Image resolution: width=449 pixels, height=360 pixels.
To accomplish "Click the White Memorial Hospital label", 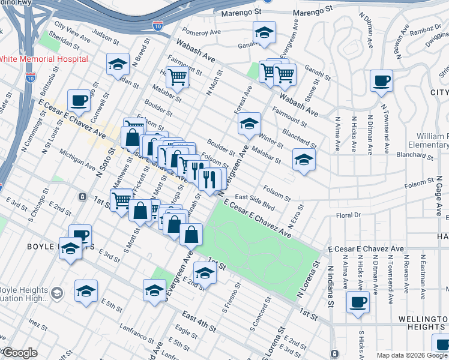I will pyautogui.click(x=43, y=59).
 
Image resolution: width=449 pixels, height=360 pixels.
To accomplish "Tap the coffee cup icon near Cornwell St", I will pyautogui.click(x=78, y=99).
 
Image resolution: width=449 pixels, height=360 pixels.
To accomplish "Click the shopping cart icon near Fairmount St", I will pyautogui.click(x=177, y=76).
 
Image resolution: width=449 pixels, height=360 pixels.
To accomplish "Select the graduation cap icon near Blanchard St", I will pyautogui.click(x=304, y=160).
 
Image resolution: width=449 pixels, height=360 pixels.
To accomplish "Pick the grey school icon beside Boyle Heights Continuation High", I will pyautogui.click(x=57, y=293).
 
